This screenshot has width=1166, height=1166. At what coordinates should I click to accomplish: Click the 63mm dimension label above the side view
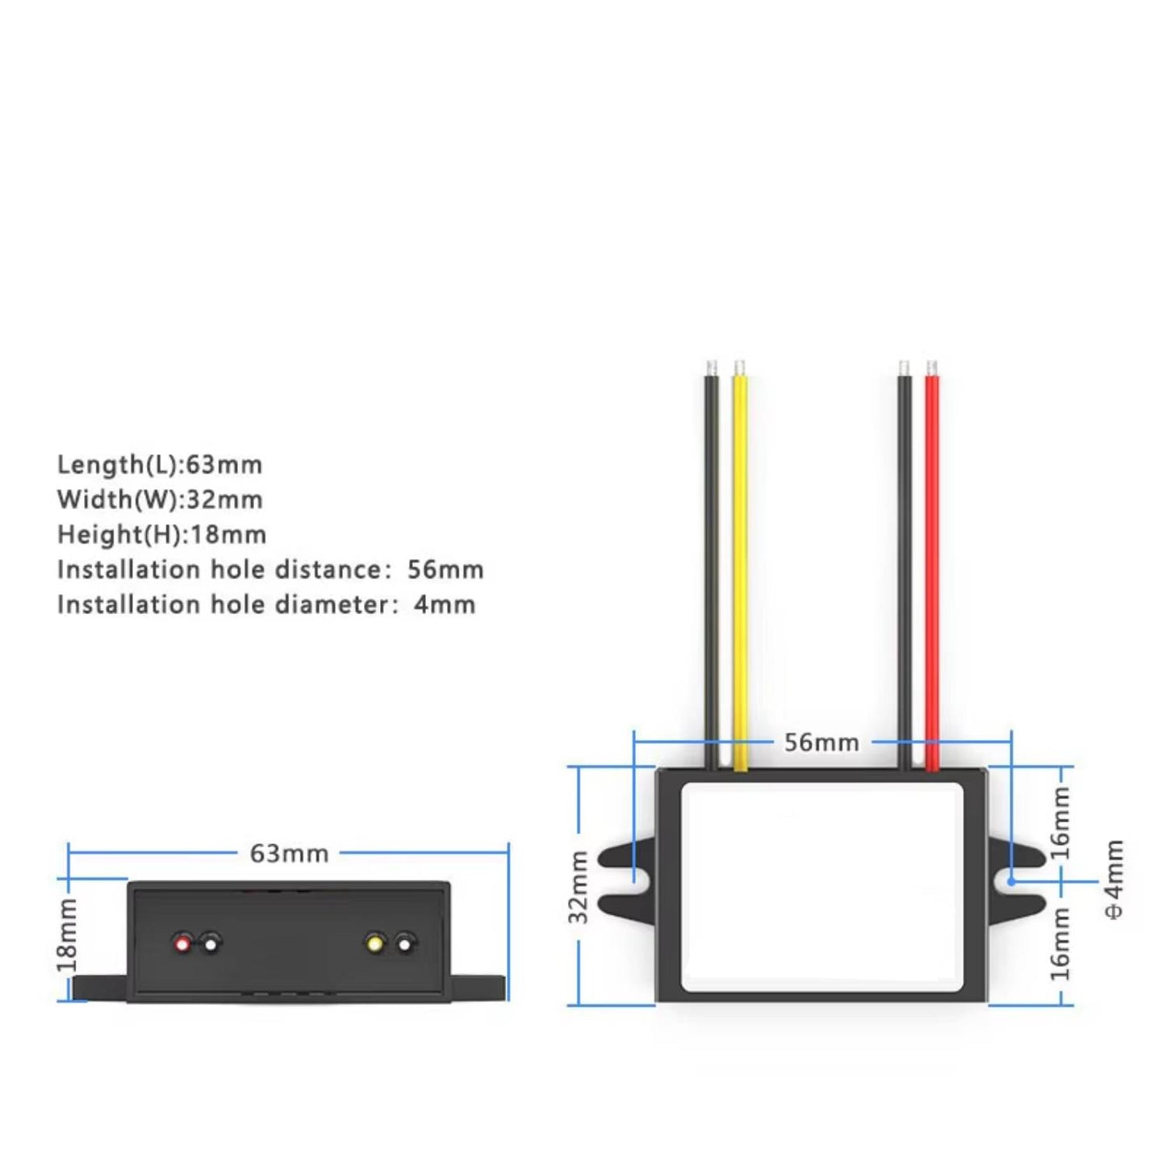tap(289, 854)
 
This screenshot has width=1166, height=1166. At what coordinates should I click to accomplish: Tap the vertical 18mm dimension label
tap(68, 935)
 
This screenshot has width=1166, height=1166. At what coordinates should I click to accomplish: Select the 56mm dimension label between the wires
tap(821, 742)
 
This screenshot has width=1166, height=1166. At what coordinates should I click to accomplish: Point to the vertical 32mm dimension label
tap(579, 888)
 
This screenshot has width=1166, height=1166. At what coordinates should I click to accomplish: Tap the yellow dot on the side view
tap(375, 943)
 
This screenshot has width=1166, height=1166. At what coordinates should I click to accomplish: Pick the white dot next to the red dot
tap(210, 943)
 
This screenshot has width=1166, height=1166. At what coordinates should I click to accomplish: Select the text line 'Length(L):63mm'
tap(160, 465)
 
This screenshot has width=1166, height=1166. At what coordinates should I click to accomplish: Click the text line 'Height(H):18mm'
tap(161, 535)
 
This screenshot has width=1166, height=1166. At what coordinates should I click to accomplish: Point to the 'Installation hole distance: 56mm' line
tap(270, 570)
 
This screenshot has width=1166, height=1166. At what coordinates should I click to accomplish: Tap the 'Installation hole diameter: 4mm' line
tap(266, 604)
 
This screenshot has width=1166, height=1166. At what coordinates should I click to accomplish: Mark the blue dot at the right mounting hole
tap(1011, 882)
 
